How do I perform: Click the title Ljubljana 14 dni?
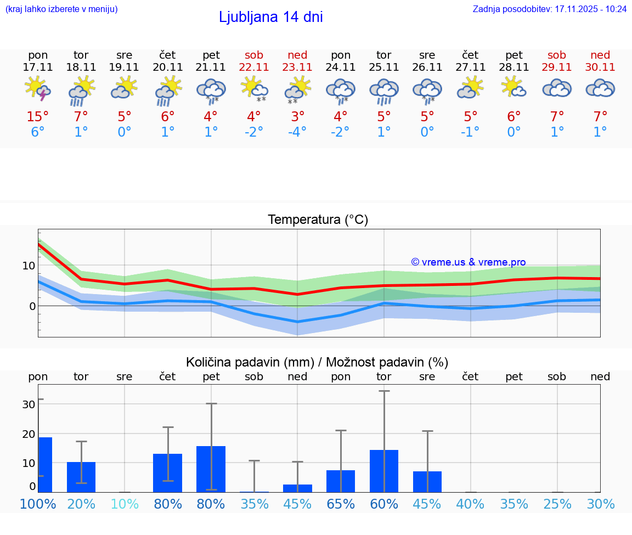coord(270,17)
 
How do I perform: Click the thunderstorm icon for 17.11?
coord(38,89)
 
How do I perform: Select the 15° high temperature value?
coord(38,117)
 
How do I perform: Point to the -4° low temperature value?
coord(297,132)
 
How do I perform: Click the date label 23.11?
coord(297,67)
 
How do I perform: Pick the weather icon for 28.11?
coord(514,88)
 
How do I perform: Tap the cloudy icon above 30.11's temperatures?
coord(600,88)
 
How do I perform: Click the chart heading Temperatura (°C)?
coord(318,220)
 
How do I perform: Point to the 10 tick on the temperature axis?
coord(29,266)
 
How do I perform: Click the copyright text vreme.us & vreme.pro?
coord(468,262)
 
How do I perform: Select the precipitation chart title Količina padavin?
coord(317,362)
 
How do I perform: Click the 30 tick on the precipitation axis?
coord(29,404)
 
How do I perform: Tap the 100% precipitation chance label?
coord(38,504)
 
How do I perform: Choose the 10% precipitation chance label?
coord(125,504)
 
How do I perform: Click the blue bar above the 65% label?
coord(341,481)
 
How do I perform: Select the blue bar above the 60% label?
coord(384,471)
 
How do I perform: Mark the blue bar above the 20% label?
coord(81,477)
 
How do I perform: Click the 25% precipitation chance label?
coord(557,504)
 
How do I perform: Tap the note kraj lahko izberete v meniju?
coord(61,9)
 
